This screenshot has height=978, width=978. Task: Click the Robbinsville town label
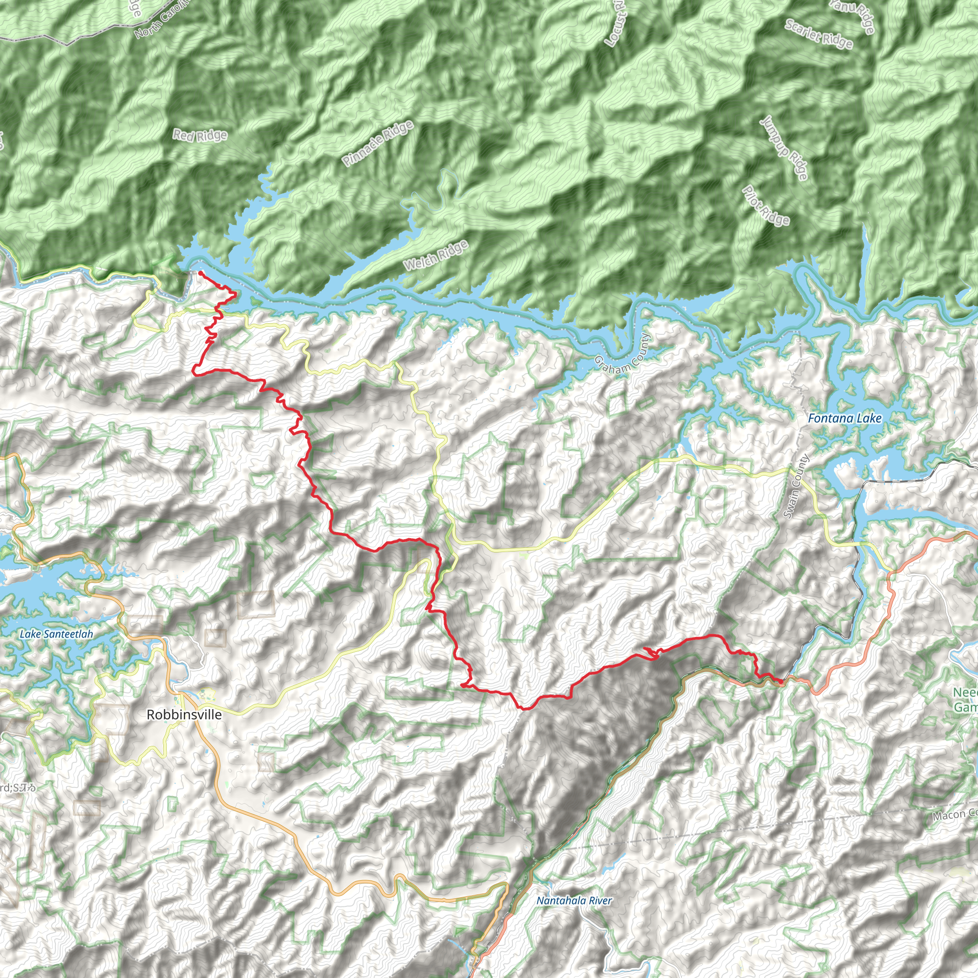[x=184, y=714]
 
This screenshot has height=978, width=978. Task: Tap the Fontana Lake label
[x=844, y=418]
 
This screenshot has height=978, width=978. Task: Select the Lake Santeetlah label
[x=56, y=634]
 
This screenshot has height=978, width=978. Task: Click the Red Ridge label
[x=200, y=135]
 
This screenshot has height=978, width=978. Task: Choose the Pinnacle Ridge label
[x=378, y=144]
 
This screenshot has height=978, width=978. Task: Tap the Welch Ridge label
[x=436, y=255]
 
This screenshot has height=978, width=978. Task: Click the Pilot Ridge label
[x=765, y=205]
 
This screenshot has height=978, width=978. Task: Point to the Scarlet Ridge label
[x=819, y=34]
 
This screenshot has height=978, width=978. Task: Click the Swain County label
[x=796, y=487]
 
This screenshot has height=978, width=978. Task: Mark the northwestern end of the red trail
[x=200, y=272]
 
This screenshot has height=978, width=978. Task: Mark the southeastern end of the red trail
[x=782, y=682]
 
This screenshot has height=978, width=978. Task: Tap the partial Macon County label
[x=954, y=815]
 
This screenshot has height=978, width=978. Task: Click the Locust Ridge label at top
[x=616, y=24]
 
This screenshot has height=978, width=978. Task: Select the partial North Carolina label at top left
[x=162, y=20]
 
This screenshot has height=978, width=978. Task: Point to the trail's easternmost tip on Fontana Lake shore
[x=236, y=293]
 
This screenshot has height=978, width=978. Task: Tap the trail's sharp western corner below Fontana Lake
[x=194, y=373]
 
